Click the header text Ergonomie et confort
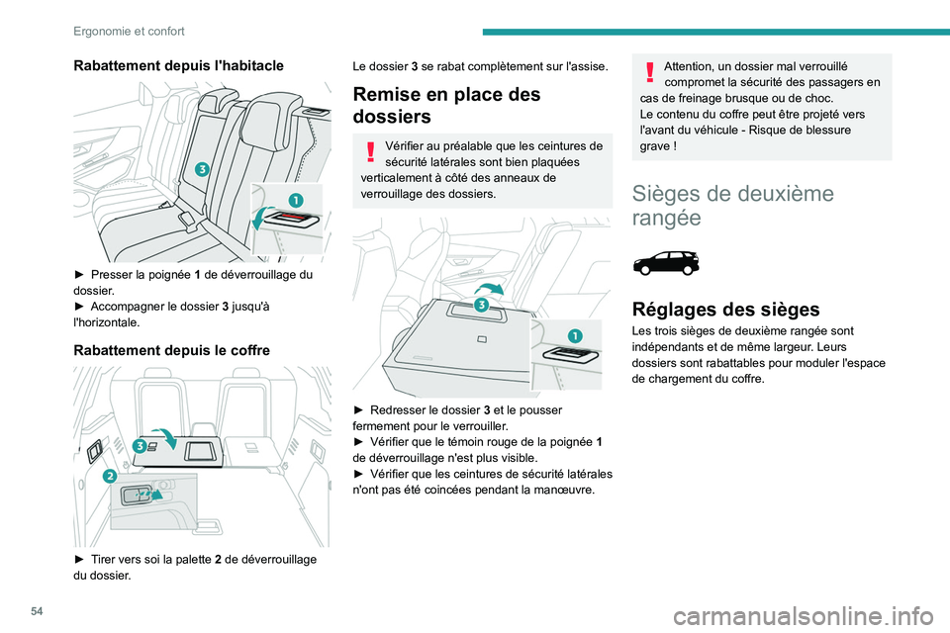coord(129,31)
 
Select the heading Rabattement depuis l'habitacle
coord(178,65)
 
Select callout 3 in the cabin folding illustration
coord(202,169)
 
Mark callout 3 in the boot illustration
coord(140,446)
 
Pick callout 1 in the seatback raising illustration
coord(571,333)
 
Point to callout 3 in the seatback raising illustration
coord(480,305)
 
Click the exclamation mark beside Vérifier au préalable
coord(370,151)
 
